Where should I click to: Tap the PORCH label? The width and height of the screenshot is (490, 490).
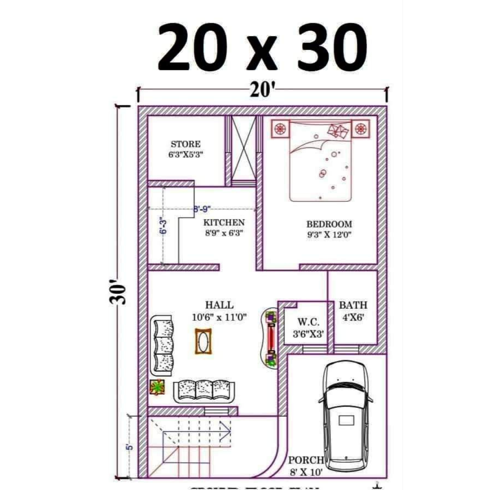tap(306, 460)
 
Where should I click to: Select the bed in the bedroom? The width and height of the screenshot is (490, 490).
tap(321, 161)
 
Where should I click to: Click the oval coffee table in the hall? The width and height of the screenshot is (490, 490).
tap(204, 342)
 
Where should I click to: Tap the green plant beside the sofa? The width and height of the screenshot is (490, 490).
tap(157, 387)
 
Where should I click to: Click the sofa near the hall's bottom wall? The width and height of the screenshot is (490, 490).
tap(205, 390)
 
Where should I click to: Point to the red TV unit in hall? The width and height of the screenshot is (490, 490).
tap(271, 337)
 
